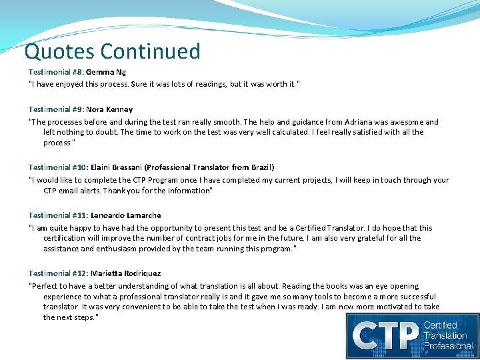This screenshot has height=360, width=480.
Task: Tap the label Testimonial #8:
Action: pos(55,71)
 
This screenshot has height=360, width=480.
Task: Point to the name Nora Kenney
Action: pos(109,109)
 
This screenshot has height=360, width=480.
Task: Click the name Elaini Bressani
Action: pos(112,167)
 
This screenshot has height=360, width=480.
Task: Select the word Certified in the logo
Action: pos(441,325)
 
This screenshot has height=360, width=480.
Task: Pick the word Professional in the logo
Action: pos(447,345)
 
